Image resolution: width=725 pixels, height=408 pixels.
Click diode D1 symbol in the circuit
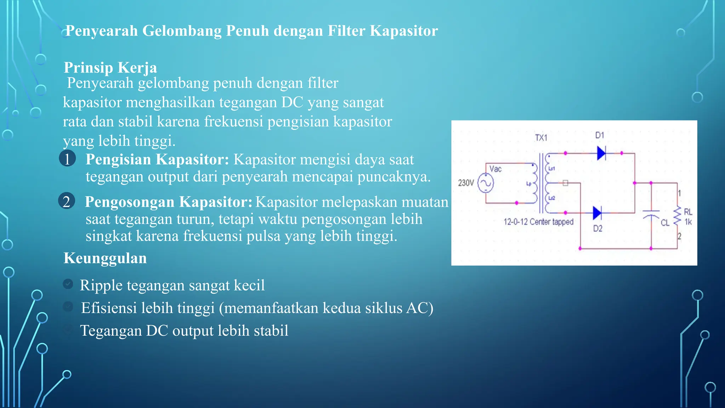point(601,153)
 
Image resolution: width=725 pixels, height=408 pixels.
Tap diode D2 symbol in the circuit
point(597,213)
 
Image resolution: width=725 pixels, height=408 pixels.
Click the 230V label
point(466,183)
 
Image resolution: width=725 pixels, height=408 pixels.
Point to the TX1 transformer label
point(541,138)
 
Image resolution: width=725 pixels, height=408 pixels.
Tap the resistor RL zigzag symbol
point(677,215)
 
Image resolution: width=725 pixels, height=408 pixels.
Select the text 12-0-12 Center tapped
point(538,222)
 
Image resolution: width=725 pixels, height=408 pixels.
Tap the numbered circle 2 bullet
point(67,201)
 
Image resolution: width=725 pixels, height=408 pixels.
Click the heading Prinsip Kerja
point(110,67)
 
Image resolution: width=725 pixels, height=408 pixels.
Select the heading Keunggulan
point(105,258)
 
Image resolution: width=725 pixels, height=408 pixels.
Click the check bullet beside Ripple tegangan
point(68,284)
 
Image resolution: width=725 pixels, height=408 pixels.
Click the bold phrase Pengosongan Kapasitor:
point(169,202)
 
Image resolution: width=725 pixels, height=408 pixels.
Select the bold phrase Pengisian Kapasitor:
point(158,159)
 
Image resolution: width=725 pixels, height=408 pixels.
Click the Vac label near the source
point(495,169)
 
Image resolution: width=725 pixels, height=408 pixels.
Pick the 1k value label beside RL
point(688,222)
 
